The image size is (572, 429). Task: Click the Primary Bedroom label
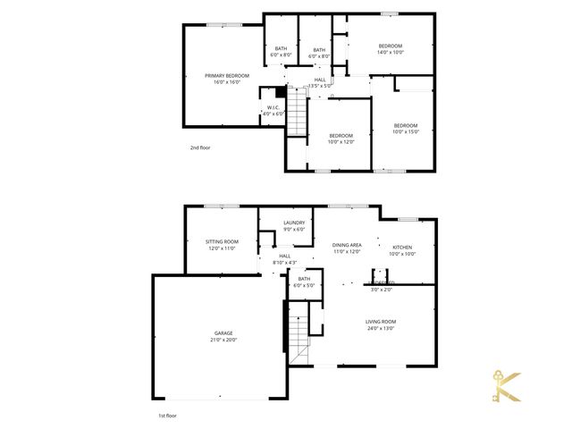click(226, 79)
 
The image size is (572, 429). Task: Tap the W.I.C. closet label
click(273, 110)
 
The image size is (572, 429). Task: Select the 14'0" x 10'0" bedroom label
click(391, 49)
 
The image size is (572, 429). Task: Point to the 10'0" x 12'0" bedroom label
click(341, 138)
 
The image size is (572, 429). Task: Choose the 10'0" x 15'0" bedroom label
click(406, 128)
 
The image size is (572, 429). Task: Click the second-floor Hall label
click(320, 82)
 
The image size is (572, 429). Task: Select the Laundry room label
click(294, 226)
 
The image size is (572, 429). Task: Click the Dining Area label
click(346, 248)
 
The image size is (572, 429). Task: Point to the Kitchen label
click(401, 249)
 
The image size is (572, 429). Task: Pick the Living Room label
click(380, 324)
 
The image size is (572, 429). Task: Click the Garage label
click(223, 336)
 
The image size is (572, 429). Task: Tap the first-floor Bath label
click(304, 282)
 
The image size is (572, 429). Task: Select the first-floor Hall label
click(284, 258)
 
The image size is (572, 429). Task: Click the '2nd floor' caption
click(199, 147)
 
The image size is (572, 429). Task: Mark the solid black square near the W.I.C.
click(281, 91)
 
